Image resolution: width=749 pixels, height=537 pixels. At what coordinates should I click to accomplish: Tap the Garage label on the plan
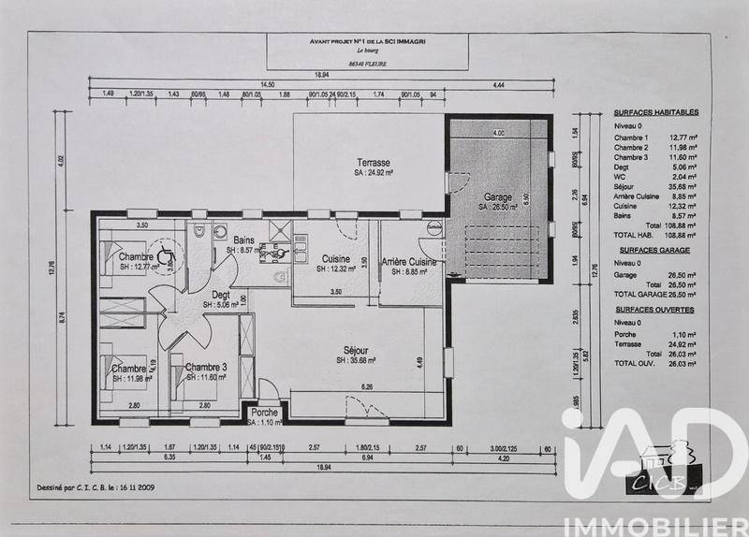[x=498, y=197]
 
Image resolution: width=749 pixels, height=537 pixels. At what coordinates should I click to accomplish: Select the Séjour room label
[x=356, y=349]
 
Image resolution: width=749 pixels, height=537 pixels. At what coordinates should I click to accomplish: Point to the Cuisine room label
[x=336, y=258]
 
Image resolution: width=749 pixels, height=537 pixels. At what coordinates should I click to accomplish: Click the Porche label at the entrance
[x=265, y=412]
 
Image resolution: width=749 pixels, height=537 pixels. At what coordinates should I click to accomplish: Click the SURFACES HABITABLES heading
[x=657, y=112]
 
